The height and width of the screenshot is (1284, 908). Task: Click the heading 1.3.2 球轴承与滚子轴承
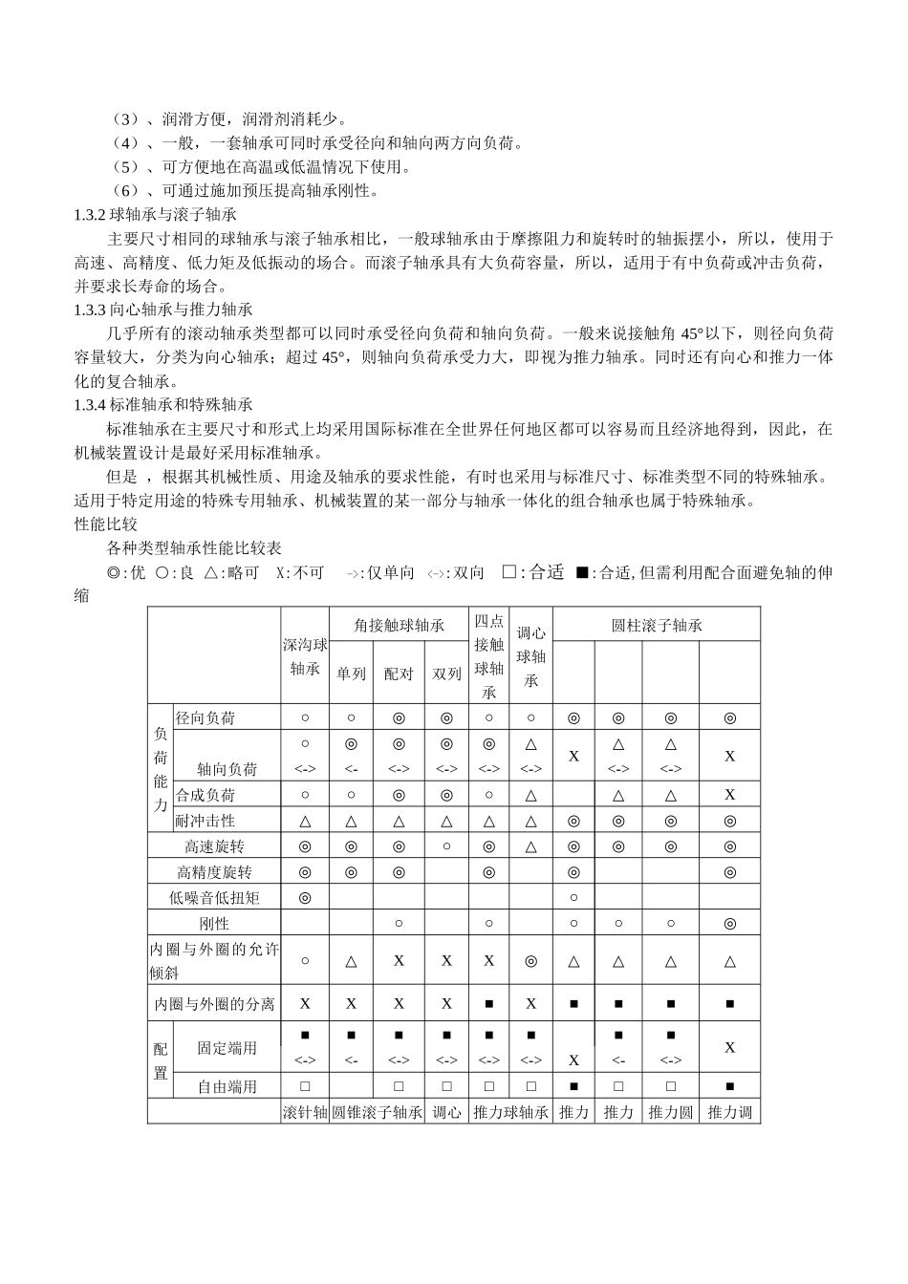155,215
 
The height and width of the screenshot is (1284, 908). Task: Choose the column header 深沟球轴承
305,656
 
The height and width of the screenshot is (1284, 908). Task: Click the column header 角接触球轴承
399,625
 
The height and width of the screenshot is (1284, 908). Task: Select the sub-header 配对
399,674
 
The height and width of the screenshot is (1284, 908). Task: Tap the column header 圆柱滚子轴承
657,625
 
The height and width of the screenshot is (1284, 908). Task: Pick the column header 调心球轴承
530,656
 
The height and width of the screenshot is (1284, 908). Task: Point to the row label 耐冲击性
205,821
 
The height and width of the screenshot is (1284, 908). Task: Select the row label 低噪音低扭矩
214,898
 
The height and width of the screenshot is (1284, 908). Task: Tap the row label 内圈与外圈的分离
214,1004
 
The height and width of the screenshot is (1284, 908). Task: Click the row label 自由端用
227,1086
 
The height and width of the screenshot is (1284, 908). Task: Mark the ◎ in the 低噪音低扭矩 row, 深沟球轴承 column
305,898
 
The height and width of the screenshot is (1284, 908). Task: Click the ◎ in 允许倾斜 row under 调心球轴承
530,961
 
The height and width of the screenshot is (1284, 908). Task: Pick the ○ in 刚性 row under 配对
399,924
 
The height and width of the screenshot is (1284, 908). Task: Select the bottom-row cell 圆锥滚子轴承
377,1112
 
